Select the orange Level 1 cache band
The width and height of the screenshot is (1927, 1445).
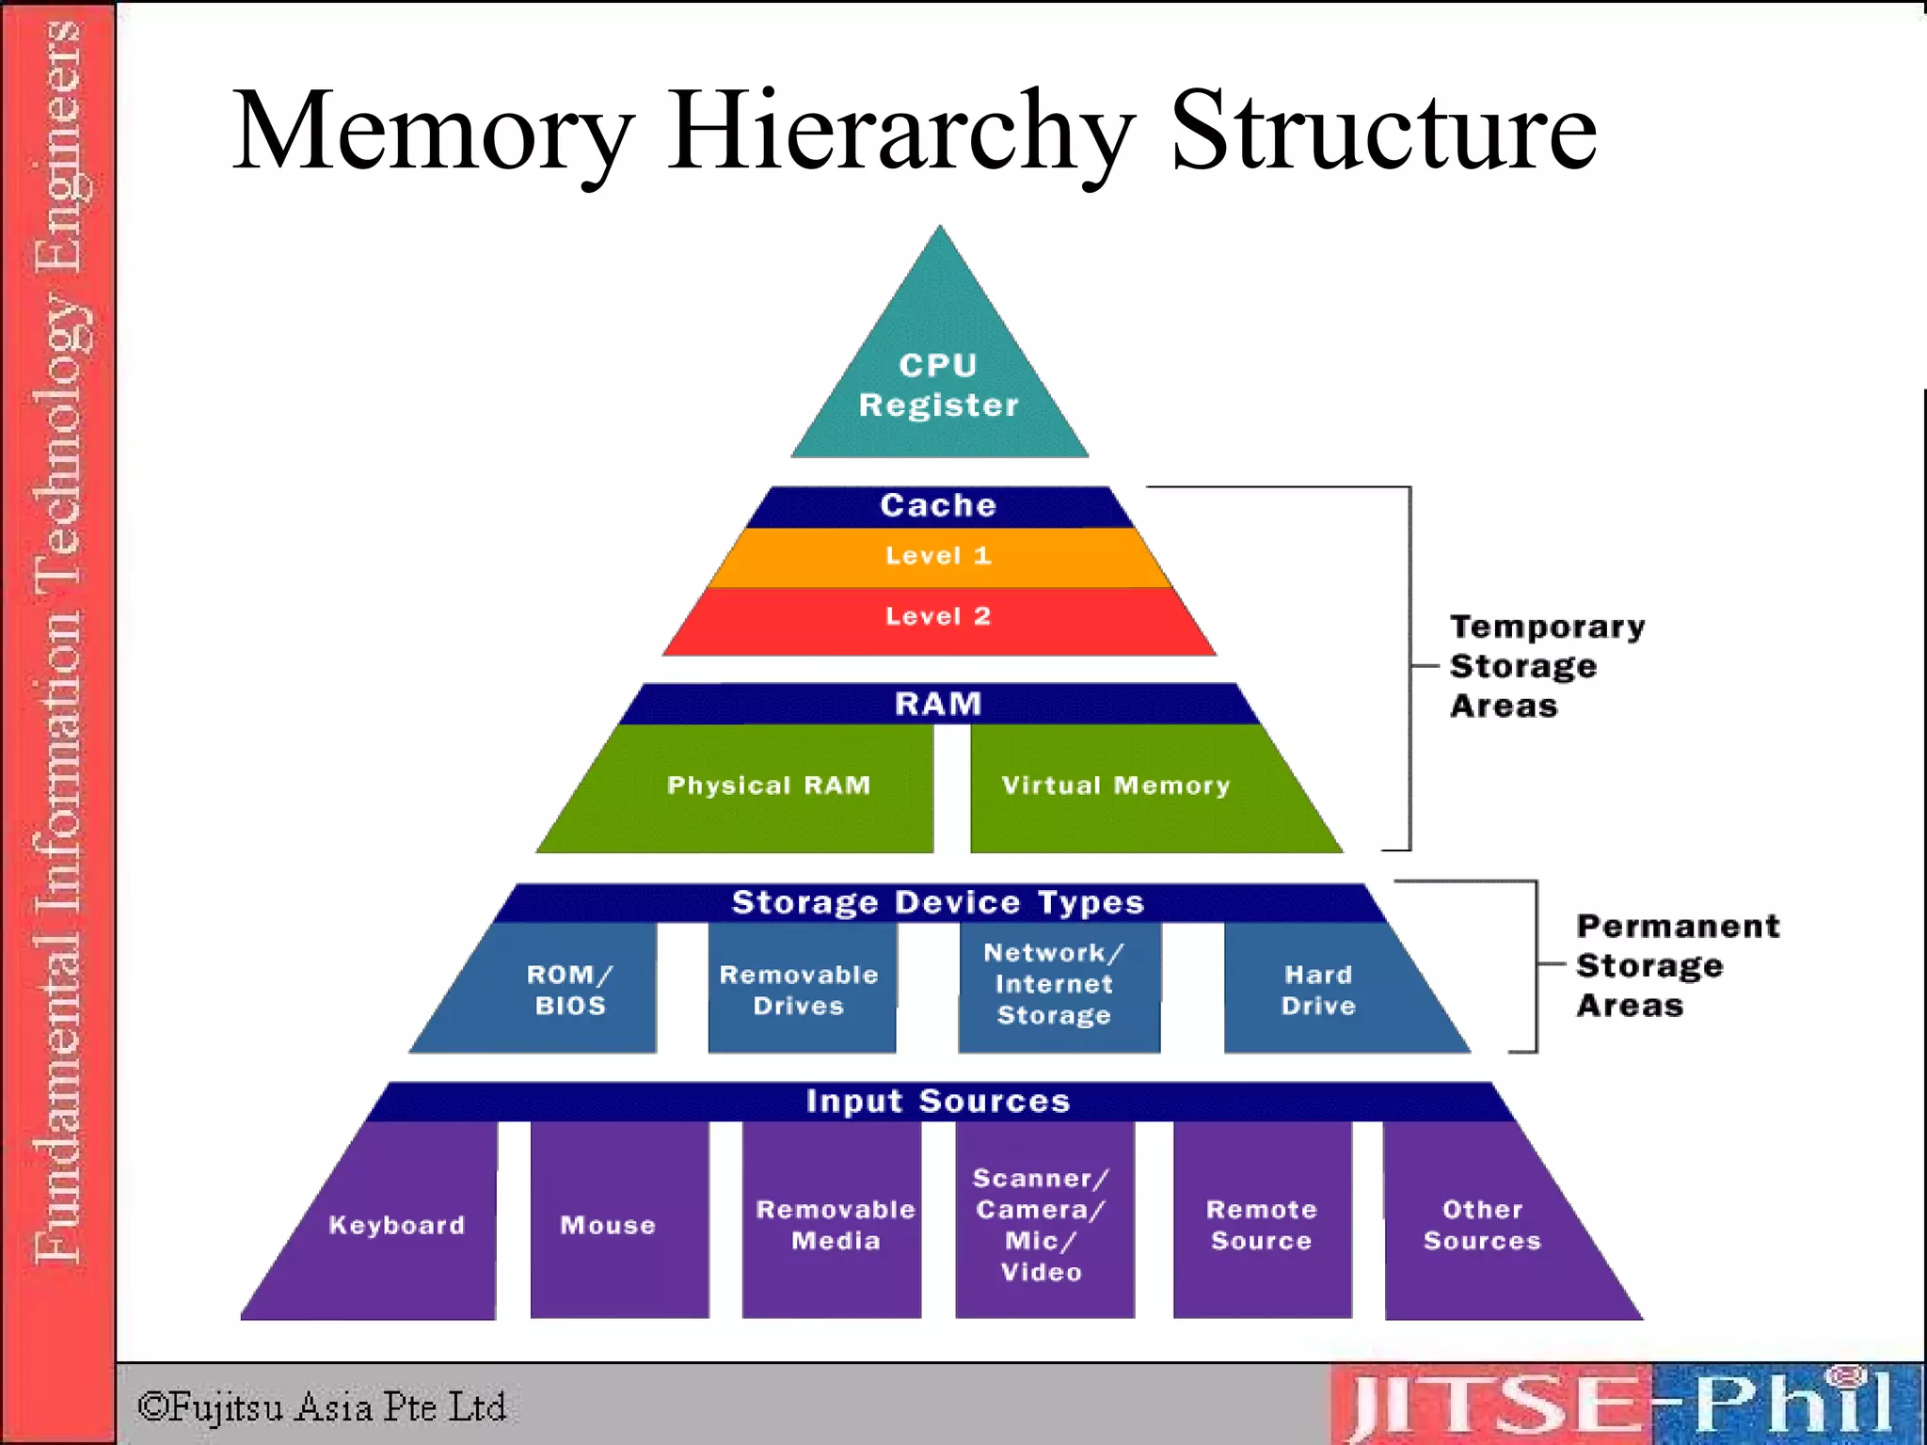[x=939, y=556]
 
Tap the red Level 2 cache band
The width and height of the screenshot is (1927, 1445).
[x=939, y=617]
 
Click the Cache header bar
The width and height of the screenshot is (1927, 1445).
[x=939, y=505]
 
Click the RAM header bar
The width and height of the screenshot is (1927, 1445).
[x=939, y=704]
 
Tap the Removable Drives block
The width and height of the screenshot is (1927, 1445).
[x=800, y=990]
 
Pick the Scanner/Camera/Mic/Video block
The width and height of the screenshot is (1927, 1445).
[x=1043, y=1225]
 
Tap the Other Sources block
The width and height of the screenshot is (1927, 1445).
[x=1483, y=1225]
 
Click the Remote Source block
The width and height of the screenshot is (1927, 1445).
[x=1262, y=1225]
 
